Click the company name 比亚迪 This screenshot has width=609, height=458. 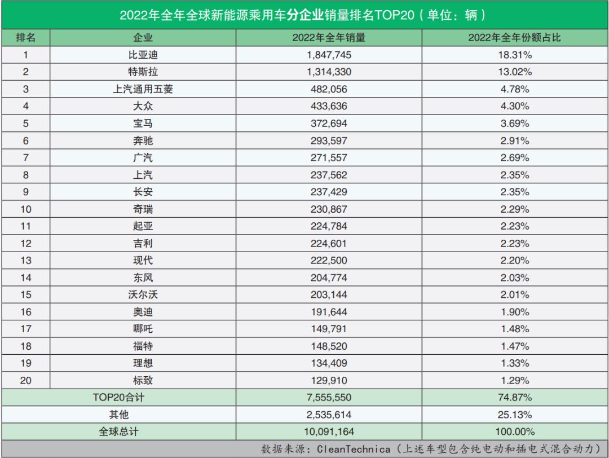coord(143,55)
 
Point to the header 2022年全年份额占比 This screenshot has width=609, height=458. coord(515,38)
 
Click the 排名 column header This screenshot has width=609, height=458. coord(25,38)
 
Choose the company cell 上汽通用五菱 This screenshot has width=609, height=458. coord(143,89)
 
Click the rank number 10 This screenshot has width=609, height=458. coord(25,209)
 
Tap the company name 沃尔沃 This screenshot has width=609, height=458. coord(143,295)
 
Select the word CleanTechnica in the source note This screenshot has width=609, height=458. coord(354,449)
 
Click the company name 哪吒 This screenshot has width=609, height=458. coord(143,329)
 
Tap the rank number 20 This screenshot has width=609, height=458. coord(25,380)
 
